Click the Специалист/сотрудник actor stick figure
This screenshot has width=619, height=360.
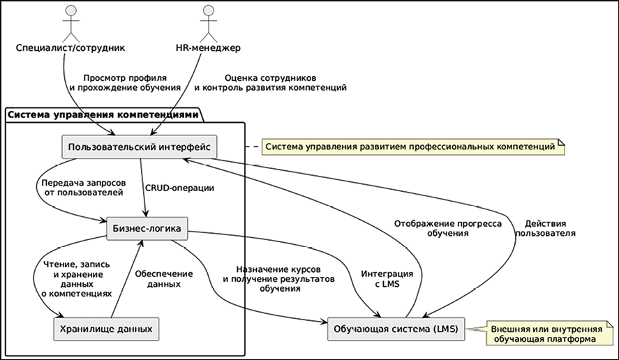coord(69,22)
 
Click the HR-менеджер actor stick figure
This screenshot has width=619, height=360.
coord(206,22)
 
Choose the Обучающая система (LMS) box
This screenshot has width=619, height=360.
coord(395,329)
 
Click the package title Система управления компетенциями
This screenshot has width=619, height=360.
coord(102,114)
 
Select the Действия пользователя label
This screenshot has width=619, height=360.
coord(545,228)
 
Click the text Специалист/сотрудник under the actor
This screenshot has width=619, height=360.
coord(69,48)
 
